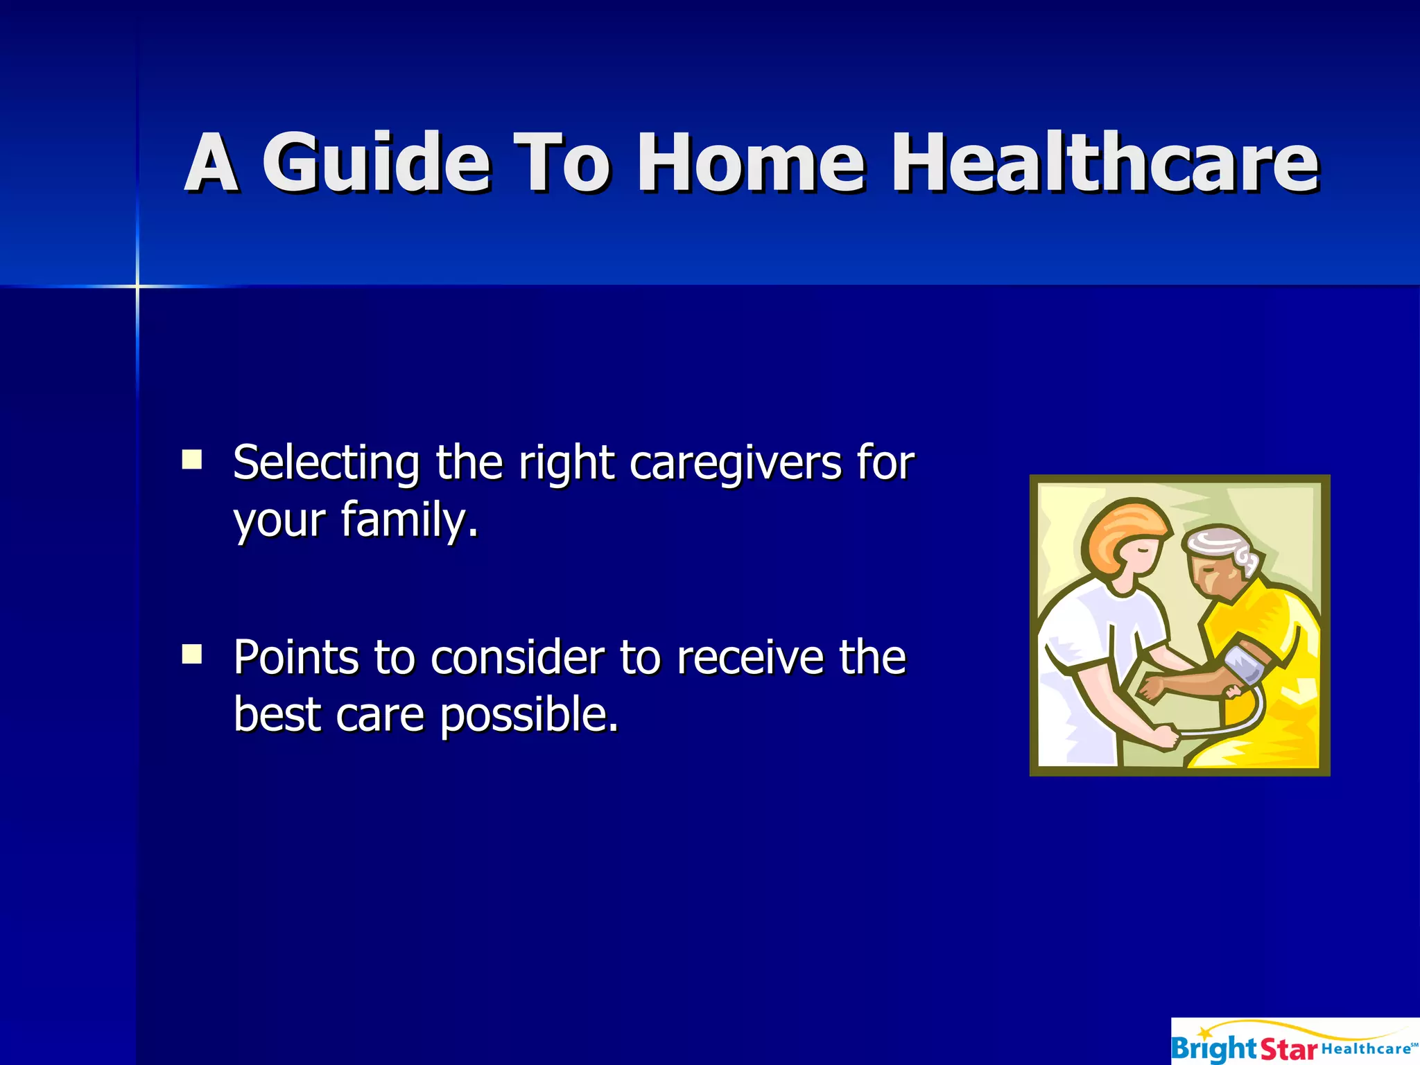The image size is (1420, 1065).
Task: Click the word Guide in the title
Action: pos(376,163)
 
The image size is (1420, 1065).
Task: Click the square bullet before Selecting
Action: pos(192,460)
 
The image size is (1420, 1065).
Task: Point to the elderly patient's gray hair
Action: pos(1227,544)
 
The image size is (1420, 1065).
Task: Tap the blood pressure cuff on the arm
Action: pos(1245,664)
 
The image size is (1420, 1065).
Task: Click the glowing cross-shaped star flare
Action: pos(137,286)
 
